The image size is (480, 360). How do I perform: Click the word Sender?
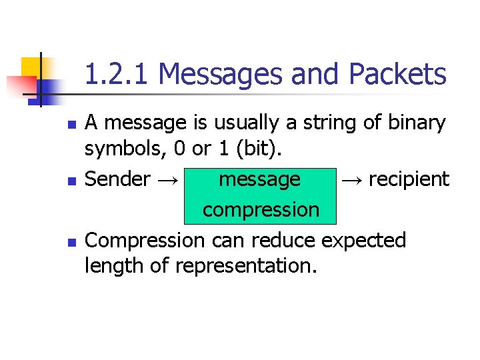[x=118, y=179]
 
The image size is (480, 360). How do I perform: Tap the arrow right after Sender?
[x=169, y=179]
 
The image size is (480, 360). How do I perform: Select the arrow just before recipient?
[x=351, y=179]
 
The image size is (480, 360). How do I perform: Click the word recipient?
[x=409, y=179]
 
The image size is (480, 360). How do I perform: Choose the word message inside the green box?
[x=260, y=179]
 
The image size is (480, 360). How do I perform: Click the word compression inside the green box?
[x=261, y=210]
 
